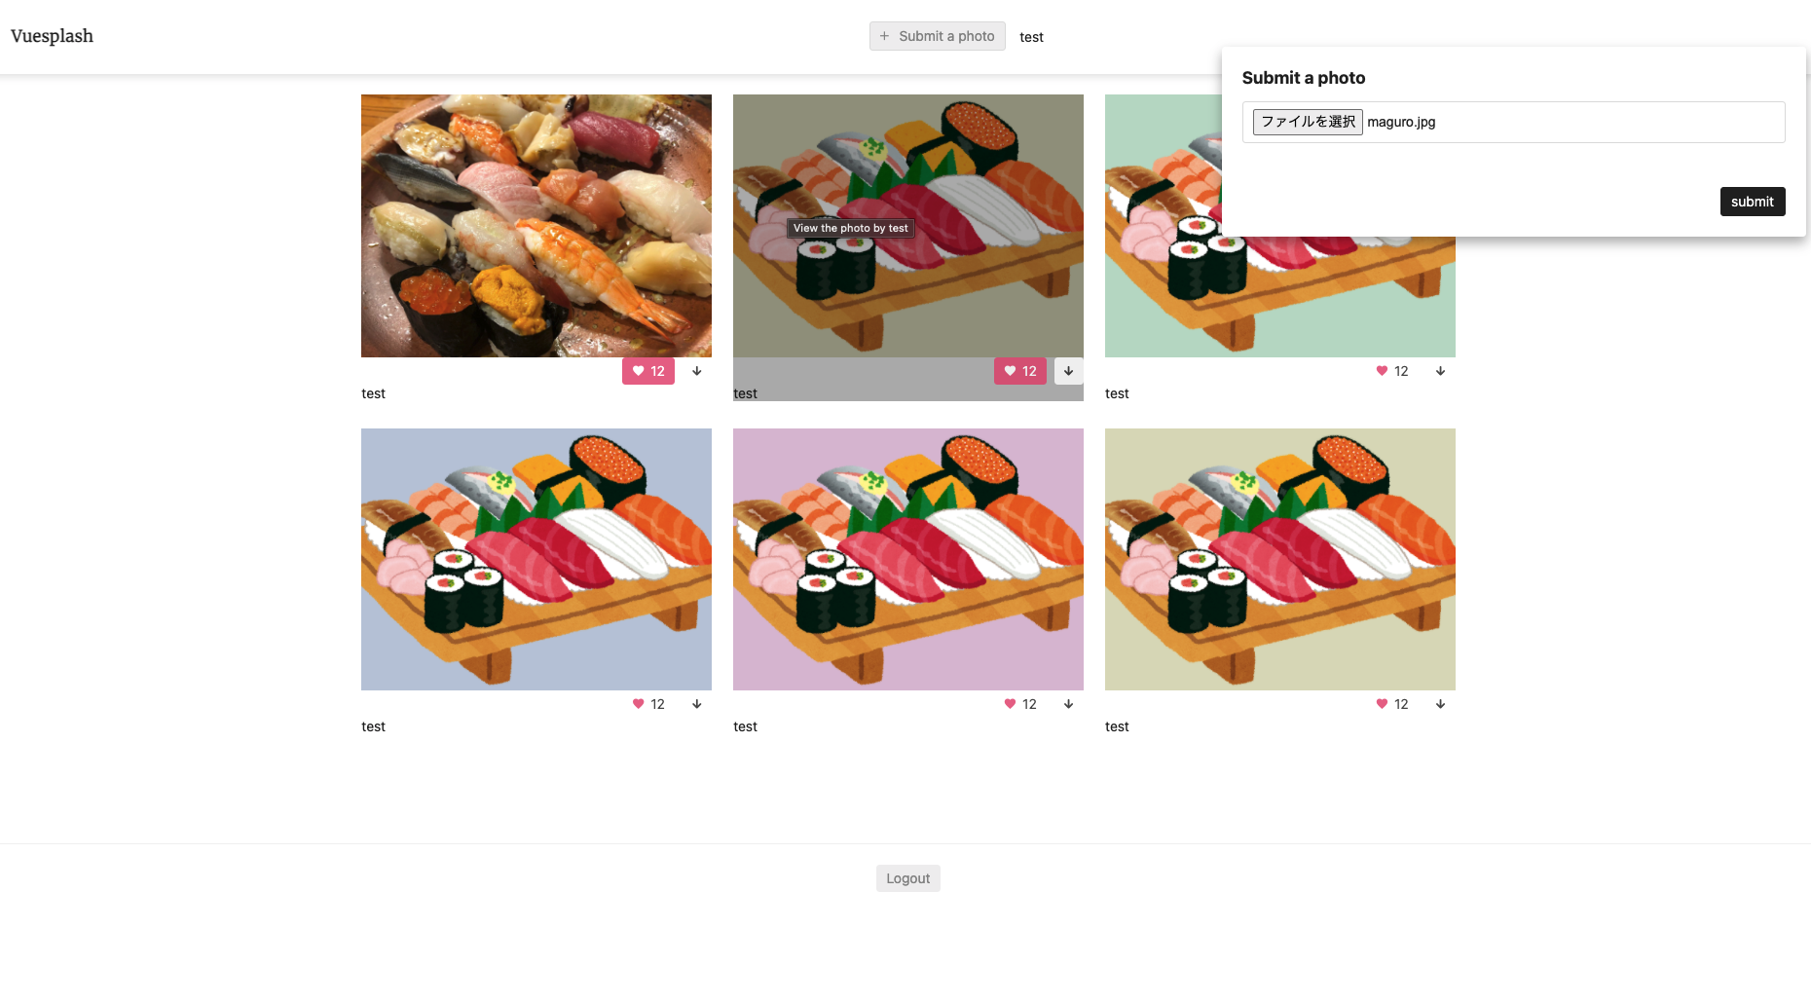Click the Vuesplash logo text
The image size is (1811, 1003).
coord(52,36)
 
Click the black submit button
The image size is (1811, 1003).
coord(1753,202)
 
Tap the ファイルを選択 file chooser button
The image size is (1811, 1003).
coord(1308,122)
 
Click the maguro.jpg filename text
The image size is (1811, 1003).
coord(1401,122)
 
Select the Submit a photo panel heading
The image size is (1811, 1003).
coord(1304,78)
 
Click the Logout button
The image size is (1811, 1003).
coord(908,878)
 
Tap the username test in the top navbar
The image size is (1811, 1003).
coord(1031,37)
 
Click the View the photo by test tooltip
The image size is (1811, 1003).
coord(850,228)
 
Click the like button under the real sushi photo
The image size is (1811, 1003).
coord(648,371)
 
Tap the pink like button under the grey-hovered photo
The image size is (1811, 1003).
coord(1020,371)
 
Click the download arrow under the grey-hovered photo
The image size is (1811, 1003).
coord(1069,371)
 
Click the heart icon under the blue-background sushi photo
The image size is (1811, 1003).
coord(639,704)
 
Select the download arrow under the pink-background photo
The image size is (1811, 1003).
coord(1069,704)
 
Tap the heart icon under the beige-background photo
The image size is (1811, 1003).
coord(1382,704)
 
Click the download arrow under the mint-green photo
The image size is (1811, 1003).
coord(1441,371)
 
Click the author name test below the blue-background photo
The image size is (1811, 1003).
coord(373,726)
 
